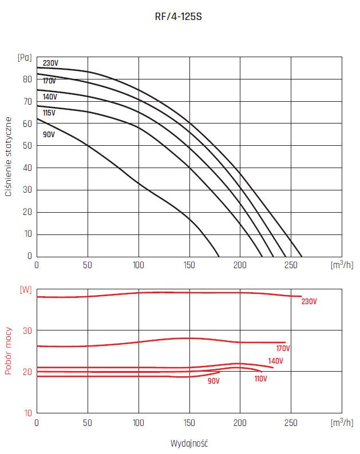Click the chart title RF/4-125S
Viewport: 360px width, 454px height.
click(x=179, y=17)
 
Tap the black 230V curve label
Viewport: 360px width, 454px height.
click(x=50, y=63)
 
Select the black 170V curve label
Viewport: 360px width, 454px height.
click(x=49, y=81)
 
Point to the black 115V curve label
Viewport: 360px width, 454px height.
click(x=49, y=113)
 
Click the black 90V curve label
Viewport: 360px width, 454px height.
click(x=49, y=134)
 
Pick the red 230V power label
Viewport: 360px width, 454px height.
click(x=309, y=301)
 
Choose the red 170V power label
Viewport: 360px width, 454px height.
click(x=283, y=348)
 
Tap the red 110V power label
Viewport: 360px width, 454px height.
click(x=260, y=379)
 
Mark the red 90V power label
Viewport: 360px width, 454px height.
click(x=214, y=380)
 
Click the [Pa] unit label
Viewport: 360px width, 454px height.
click(x=25, y=57)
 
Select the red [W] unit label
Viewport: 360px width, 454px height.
click(x=26, y=289)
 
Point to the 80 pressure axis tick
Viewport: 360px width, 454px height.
click(x=27, y=79)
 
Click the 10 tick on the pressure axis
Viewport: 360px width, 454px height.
click(x=27, y=234)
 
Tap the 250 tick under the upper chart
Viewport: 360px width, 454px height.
click(x=291, y=265)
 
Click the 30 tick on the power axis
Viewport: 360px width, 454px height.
click(x=27, y=330)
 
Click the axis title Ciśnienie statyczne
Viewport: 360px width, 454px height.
click(x=8, y=156)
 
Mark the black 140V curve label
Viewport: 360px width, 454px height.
click(x=50, y=97)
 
